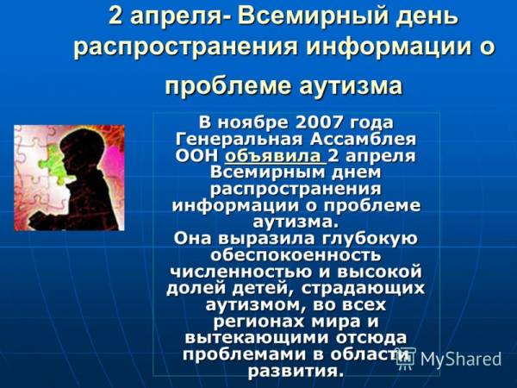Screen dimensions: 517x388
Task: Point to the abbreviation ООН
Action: tap(196, 156)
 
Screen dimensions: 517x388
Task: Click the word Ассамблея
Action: tap(363, 139)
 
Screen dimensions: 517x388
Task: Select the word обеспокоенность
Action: tap(296, 255)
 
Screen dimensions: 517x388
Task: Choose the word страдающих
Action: tap(363, 288)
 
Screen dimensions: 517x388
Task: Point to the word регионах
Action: tap(258, 322)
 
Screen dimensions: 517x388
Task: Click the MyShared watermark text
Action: tap(460, 359)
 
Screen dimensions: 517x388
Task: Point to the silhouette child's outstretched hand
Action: tap(37, 218)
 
